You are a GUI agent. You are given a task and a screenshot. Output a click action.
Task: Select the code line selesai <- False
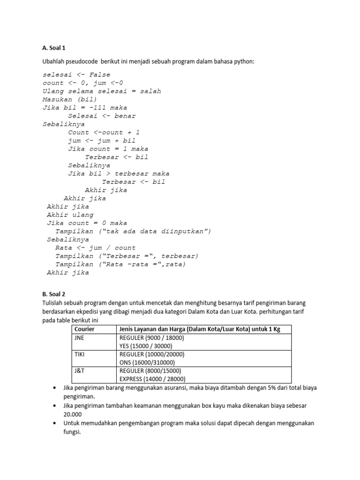click(76, 75)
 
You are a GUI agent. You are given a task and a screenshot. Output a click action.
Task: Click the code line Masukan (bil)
click(70, 99)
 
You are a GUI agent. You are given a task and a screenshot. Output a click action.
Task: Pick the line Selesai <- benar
click(102, 116)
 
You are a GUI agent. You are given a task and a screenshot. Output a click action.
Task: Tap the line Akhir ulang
click(70, 215)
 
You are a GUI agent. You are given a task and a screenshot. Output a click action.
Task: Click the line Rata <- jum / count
click(95, 247)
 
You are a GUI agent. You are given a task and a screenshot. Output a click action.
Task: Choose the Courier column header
click(84, 329)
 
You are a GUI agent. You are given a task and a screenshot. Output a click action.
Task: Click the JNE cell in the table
click(79, 337)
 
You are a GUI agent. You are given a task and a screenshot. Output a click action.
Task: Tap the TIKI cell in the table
click(80, 354)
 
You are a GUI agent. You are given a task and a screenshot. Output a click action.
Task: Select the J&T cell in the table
click(79, 370)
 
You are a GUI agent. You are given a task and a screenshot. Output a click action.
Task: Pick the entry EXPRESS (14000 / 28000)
click(153, 379)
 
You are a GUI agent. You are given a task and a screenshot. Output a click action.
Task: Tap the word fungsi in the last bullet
click(72, 432)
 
